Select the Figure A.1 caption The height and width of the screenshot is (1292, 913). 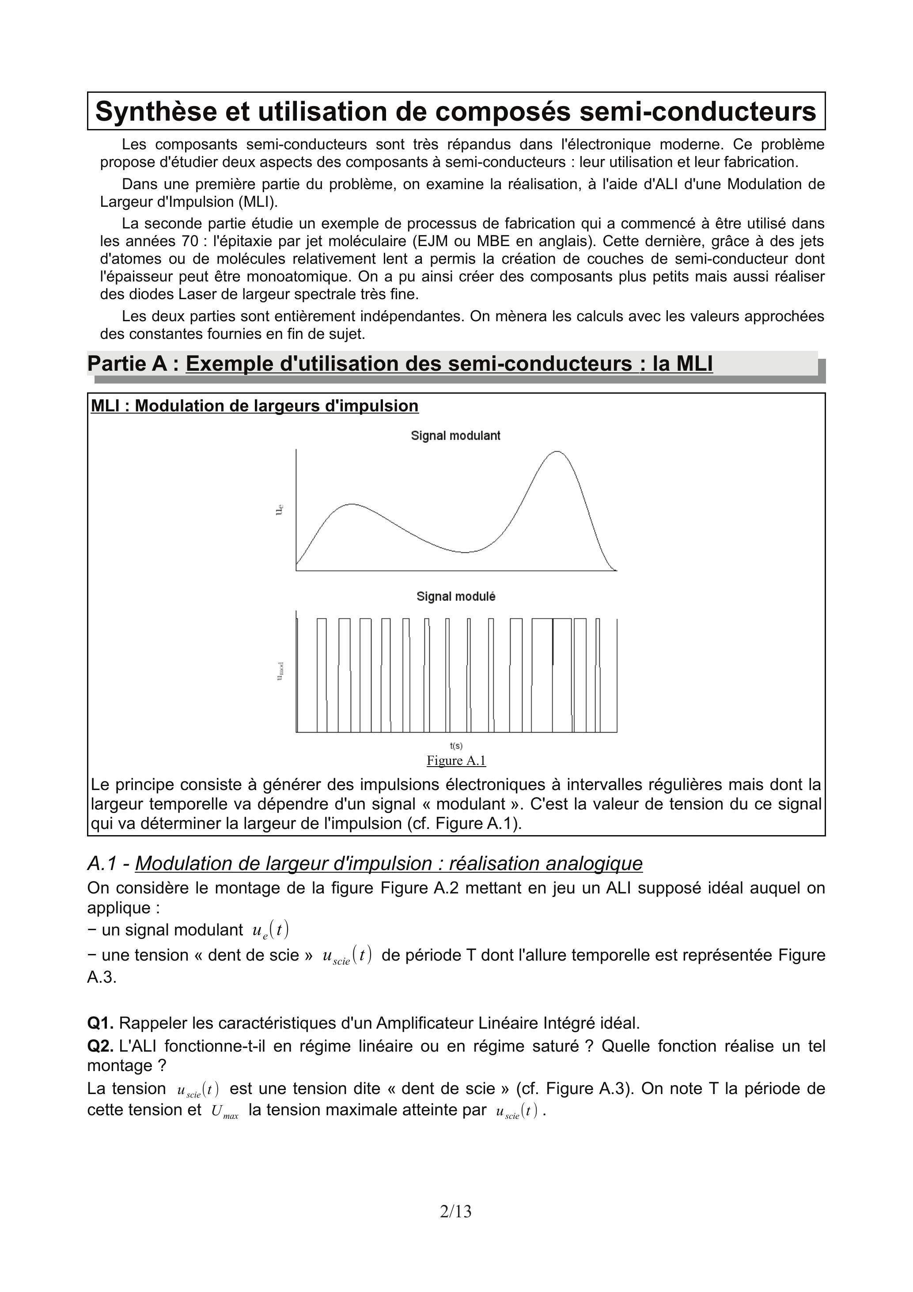point(456,760)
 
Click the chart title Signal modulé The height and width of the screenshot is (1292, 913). point(456,597)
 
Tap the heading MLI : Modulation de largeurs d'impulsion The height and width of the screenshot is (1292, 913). point(254,406)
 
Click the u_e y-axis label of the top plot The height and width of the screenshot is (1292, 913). point(280,510)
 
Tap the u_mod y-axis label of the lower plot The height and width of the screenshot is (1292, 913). point(280,671)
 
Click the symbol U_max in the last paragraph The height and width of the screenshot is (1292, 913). point(224,1111)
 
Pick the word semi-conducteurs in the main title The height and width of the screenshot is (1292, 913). point(697,111)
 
